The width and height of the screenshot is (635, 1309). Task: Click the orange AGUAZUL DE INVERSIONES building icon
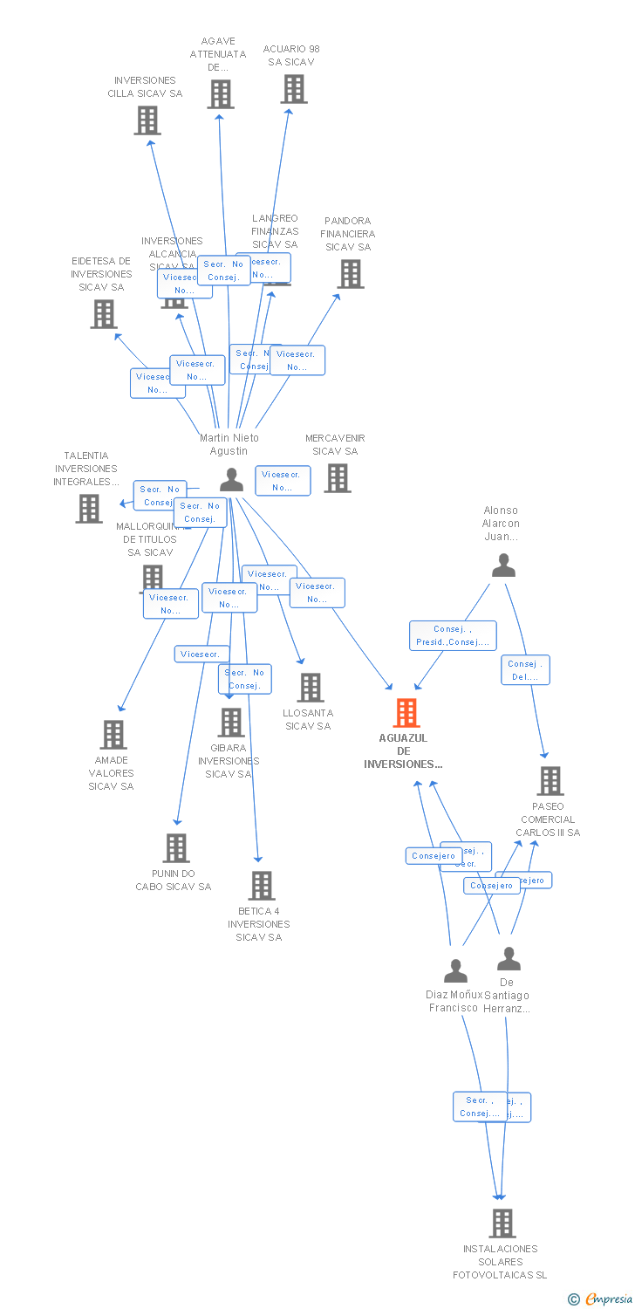point(406,713)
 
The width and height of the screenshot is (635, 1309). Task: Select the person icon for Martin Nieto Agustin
point(231,479)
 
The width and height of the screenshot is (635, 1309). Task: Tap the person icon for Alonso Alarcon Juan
point(503,565)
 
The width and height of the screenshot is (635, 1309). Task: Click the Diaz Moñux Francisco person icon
point(455,970)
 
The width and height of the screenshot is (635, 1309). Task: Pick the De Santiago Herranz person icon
point(509,958)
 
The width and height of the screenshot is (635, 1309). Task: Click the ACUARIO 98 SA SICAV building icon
point(294,89)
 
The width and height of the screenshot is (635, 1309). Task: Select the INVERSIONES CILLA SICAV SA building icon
point(147,120)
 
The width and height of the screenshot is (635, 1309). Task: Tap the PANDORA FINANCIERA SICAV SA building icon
point(350,274)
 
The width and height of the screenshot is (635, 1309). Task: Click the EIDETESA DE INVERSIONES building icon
point(103,314)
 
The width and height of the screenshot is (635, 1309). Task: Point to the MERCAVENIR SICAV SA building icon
point(338,478)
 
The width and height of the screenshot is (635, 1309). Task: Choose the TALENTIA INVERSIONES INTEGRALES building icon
point(88,509)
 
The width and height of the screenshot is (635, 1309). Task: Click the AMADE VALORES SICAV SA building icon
point(113,735)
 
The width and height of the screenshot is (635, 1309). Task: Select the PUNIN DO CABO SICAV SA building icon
point(176,847)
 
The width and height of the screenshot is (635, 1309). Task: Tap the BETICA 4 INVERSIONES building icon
point(261,885)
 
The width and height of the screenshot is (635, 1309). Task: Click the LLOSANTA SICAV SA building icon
point(310,688)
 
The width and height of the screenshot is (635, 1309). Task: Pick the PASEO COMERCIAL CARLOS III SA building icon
point(550,781)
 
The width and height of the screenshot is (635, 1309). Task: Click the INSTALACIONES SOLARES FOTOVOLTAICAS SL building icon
point(502,1223)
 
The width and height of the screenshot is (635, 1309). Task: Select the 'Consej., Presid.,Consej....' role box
point(453,635)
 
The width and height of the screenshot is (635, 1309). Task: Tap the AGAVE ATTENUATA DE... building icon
point(221,94)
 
